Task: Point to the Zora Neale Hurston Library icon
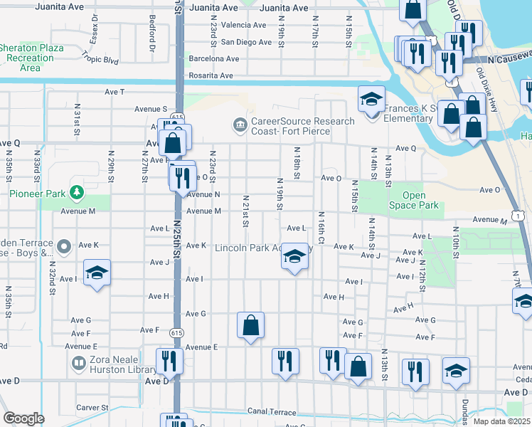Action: [x=78, y=364]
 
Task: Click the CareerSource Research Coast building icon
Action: [x=240, y=126]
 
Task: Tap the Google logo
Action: [x=23, y=418]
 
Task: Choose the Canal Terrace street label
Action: [x=271, y=411]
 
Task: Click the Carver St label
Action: [x=92, y=408]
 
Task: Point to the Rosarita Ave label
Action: [x=211, y=75]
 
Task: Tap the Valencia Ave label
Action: [x=243, y=25]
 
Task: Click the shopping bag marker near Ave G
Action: [x=250, y=326]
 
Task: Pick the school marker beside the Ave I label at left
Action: [x=97, y=273]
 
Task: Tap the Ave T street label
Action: [x=115, y=92]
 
